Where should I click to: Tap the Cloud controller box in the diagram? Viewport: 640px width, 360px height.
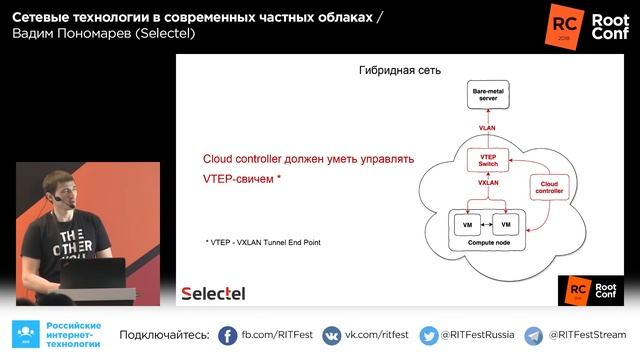[x=551, y=187]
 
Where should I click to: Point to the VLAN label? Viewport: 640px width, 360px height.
[x=487, y=128]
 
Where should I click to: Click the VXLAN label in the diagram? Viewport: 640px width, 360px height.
[x=488, y=184]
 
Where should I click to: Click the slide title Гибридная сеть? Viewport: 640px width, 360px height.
[x=399, y=71]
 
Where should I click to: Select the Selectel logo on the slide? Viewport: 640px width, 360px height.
[x=212, y=293]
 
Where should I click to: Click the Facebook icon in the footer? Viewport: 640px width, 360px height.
[x=227, y=335]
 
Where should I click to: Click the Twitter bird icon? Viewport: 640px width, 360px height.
[x=429, y=335]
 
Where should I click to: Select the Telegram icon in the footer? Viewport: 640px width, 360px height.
[x=535, y=335]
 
